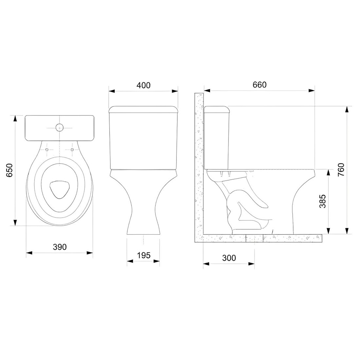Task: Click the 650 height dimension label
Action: (10, 170)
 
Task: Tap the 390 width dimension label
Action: (60, 247)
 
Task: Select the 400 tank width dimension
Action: (143, 85)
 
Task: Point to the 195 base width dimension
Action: (143, 255)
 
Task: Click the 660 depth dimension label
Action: (260, 85)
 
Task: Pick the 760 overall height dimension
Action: (341, 170)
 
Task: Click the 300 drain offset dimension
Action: (229, 258)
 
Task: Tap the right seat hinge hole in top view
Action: (72, 150)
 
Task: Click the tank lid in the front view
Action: (143, 109)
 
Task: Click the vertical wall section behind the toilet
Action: (199, 164)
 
